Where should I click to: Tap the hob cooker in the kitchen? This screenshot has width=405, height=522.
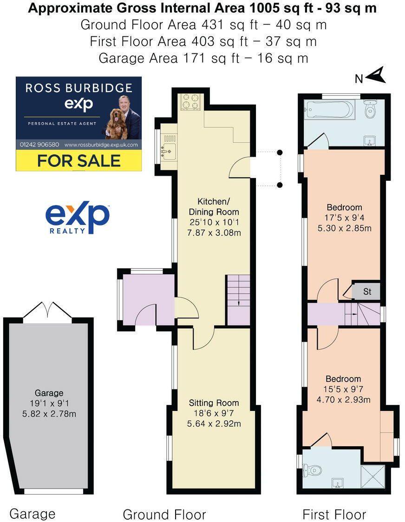(190, 103)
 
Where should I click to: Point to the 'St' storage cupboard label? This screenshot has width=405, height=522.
(367, 292)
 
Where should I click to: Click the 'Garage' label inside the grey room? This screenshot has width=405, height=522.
(48, 393)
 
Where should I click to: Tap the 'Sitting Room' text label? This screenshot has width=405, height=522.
(214, 403)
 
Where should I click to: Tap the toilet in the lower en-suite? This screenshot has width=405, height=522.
(311, 471)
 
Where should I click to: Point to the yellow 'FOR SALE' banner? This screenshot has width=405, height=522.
(79, 161)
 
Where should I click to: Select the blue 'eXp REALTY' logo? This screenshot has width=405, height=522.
(77, 218)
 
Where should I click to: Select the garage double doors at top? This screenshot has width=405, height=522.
(47, 312)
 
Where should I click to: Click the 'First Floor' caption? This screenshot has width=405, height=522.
(334, 515)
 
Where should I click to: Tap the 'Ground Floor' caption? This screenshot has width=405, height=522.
(164, 515)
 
